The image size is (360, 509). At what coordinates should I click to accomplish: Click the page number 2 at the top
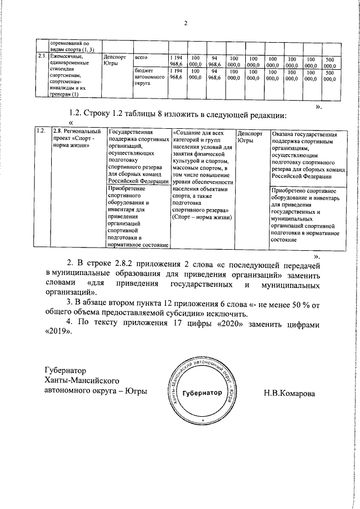(x=185, y=23)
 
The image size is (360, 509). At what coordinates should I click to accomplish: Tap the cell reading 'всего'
(x=141, y=58)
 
